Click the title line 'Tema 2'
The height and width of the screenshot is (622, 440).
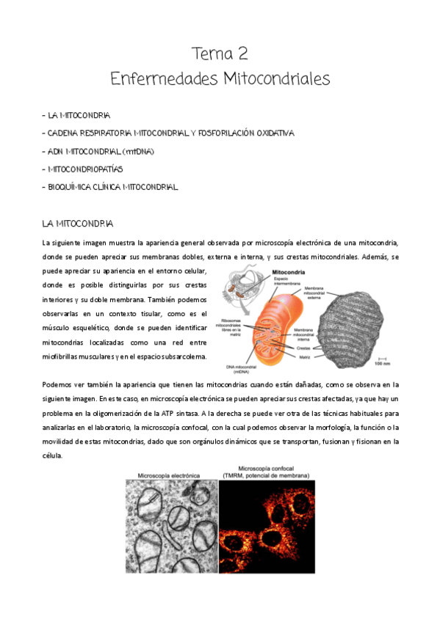pos(220,53)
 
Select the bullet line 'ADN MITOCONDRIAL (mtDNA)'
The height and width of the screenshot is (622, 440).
pos(101,152)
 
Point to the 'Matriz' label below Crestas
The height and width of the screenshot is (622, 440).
pos(303,356)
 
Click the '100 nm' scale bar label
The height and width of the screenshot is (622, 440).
pos(381,363)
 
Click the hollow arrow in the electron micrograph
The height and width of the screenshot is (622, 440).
pos(150,500)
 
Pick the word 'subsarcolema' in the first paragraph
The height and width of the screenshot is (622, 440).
pos(184,357)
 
